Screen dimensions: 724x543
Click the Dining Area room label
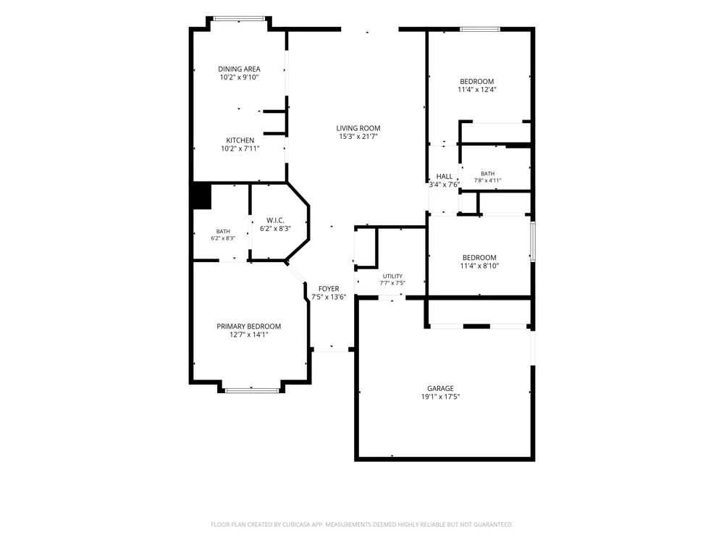pyautogui.click(x=239, y=69)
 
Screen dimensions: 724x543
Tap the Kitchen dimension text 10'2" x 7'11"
pyautogui.click(x=240, y=148)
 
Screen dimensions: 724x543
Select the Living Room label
pyautogui.click(x=358, y=128)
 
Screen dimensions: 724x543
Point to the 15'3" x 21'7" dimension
pyautogui.click(x=358, y=136)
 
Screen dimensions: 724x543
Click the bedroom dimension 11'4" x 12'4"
pyautogui.click(x=477, y=90)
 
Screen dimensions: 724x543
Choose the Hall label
pyautogui.click(x=445, y=176)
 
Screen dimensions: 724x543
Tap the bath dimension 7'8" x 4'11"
pyautogui.click(x=487, y=180)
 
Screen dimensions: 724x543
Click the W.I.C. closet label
pyautogui.click(x=275, y=220)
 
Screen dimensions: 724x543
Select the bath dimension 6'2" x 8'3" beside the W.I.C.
pyautogui.click(x=223, y=238)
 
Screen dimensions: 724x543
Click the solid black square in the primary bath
pyautogui.click(x=201, y=196)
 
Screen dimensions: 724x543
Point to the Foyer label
pyautogui.click(x=329, y=289)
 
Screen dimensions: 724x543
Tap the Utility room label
pyautogui.click(x=392, y=276)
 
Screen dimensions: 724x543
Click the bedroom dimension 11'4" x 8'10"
pyautogui.click(x=480, y=266)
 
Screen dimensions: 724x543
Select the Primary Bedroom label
pyautogui.click(x=249, y=327)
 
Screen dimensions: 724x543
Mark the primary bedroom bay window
pyautogui.click(x=252, y=391)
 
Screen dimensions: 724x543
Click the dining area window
pyautogui.click(x=239, y=19)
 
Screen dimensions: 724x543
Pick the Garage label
pyautogui.click(x=440, y=388)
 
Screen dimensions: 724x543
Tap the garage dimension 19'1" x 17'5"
pyautogui.click(x=440, y=397)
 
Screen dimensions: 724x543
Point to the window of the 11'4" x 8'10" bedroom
pyautogui.click(x=533, y=242)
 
